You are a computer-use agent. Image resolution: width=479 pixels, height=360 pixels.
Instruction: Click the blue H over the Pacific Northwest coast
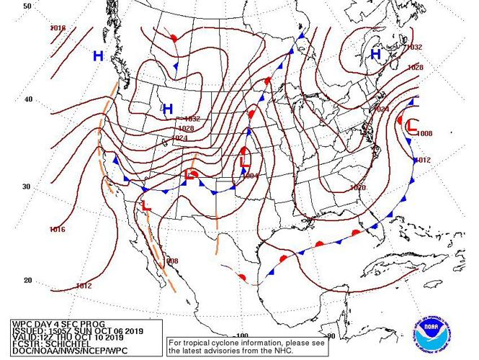[99, 55]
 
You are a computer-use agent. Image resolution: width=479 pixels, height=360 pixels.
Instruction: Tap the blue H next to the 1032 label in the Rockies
[168, 109]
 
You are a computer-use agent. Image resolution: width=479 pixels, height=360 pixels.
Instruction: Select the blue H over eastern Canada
[375, 54]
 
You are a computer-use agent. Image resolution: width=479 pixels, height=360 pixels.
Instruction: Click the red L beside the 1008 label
[411, 126]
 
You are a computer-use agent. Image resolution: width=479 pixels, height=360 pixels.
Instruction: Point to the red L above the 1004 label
[244, 154]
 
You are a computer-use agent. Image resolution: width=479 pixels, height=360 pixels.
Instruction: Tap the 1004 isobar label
[249, 176]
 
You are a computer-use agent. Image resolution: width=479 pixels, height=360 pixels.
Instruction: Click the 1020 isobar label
[357, 187]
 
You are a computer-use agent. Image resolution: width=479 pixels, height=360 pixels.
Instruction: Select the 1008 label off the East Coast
[424, 134]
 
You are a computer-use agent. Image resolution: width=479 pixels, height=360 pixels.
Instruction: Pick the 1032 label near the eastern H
[414, 47]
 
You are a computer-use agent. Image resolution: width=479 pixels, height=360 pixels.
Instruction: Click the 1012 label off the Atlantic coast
[422, 160]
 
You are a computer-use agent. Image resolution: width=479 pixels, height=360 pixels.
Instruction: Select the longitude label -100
[241, 336]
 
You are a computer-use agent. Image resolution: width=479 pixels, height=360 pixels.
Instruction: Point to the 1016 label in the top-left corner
[58, 28]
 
